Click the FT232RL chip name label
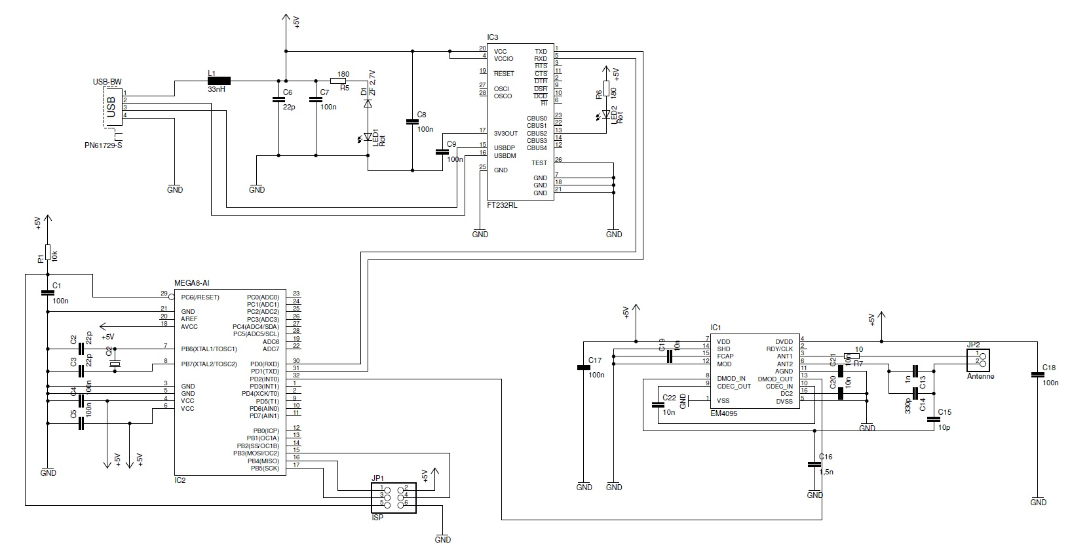point(501,204)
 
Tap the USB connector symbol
point(112,107)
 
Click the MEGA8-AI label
point(191,283)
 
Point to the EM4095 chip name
point(724,413)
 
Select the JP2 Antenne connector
point(980,360)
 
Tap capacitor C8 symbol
point(412,121)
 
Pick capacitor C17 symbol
point(583,368)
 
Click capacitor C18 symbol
point(1037,374)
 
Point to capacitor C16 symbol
point(814,464)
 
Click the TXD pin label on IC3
point(541,51)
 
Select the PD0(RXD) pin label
point(265,364)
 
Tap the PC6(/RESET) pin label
point(200,297)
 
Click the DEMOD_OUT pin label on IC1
point(775,379)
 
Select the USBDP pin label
point(505,147)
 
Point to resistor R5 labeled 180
point(339,81)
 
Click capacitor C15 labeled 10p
point(934,419)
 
